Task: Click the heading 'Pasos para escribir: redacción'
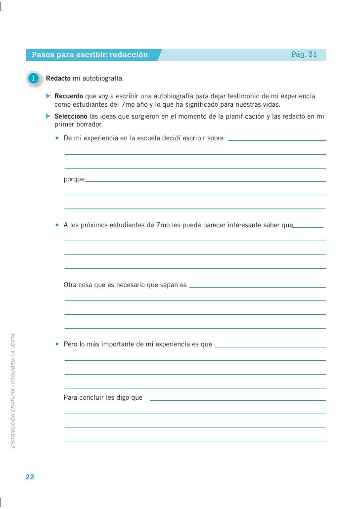(90, 55)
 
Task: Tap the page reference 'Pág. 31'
(304, 54)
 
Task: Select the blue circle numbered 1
(34, 79)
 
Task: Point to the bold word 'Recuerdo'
(68, 96)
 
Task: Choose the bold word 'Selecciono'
(71, 117)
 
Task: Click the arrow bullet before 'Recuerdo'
(48, 95)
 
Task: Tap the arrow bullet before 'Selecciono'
(48, 116)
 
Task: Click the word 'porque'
(74, 179)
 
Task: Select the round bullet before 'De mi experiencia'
(58, 138)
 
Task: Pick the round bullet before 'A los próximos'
(58, 226)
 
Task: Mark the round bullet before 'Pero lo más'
(58, 344)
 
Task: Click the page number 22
(30, 477)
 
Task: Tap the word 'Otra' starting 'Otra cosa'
(71, 285)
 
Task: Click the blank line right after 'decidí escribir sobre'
(277, 140)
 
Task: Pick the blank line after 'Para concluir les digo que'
(237, 399)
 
